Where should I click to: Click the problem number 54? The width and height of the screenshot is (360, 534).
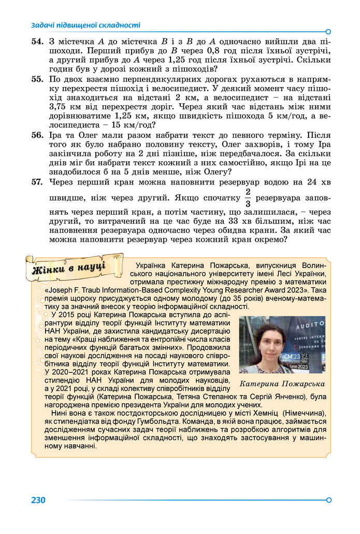click(x=37, y=41)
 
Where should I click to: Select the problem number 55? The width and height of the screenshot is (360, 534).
click(x=37, y=79)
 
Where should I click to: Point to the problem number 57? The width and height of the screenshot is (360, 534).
click(x=37, y=182)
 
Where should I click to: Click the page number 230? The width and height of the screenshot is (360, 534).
click(x=38, y=500)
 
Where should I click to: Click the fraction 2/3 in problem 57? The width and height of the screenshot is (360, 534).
click(x=248, y=197)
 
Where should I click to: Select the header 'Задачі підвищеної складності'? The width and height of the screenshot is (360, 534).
click(x=86, y=25)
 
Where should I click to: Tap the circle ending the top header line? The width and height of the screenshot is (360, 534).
click(x=328, y=31)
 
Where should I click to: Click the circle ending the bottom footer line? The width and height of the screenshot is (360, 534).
click(x=328, y=500)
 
